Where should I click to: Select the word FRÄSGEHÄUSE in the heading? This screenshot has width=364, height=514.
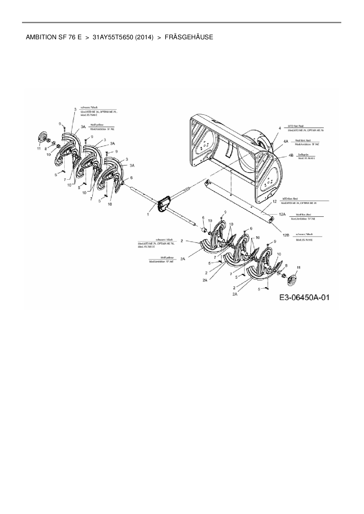[x=189, y=37]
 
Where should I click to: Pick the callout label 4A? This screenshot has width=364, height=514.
[x=285, y=141]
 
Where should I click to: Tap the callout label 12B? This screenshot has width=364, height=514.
[x=286, y=235]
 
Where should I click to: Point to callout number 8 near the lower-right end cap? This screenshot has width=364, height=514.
[x=287, y=265]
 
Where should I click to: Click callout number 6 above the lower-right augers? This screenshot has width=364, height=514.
[x=203, y=218]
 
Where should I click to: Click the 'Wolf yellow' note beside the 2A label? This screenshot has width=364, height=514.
[x=167, y=258]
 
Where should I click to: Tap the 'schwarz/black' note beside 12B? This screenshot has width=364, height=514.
[x=304, y=234]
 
